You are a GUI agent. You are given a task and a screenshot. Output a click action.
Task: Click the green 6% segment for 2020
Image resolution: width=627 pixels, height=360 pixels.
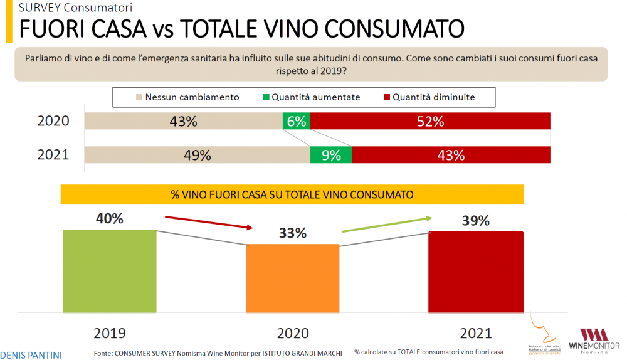(297, 122)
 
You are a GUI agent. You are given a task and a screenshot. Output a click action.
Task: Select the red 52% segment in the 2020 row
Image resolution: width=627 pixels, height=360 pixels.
(430, 122)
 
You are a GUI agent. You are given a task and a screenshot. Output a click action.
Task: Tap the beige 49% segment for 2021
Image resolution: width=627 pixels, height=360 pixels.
(198, 155)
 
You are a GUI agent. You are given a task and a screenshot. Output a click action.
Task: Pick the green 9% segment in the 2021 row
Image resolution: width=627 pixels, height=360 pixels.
(331, 155)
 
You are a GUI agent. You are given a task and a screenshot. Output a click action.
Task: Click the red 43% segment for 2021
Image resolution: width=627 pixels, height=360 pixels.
(451, 155)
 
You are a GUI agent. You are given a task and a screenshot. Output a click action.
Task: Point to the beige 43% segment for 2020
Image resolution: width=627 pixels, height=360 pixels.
(184, 122)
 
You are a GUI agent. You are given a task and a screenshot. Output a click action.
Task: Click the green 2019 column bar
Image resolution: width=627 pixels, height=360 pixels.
(109, 271)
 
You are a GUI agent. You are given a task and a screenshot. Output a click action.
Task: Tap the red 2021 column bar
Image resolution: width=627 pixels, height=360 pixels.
(475, 272)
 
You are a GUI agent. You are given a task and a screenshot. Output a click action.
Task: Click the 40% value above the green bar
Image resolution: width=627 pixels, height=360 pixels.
(109, 219)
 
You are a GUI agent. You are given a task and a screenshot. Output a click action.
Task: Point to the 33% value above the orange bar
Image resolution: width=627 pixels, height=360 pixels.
(292, 233)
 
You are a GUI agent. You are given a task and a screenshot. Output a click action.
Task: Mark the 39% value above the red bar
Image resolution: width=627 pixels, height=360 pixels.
(475, 221)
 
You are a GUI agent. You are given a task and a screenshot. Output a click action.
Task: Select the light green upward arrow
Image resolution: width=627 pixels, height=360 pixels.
(387, 224)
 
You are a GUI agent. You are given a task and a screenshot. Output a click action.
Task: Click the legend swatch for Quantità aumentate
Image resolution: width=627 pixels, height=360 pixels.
(266, 97)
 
